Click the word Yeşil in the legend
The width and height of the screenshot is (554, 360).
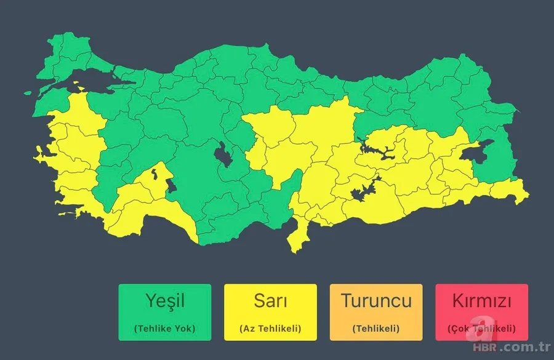click(x=165, y=302)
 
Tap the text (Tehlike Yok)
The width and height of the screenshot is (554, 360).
click(x=165, y=329)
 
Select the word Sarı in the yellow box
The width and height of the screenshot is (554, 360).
click(x=270, y=302)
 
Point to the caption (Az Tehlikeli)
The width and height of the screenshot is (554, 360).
click(x=270, y=329)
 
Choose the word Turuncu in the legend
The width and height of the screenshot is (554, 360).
click(x=376, y=302)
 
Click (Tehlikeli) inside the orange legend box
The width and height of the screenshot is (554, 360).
click(x=376, y=329)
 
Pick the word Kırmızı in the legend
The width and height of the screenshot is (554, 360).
click(x=481, y=302)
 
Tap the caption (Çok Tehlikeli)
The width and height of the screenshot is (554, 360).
click(x=481, y=329)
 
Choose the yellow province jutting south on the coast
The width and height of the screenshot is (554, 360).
click(x=299, y=237)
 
